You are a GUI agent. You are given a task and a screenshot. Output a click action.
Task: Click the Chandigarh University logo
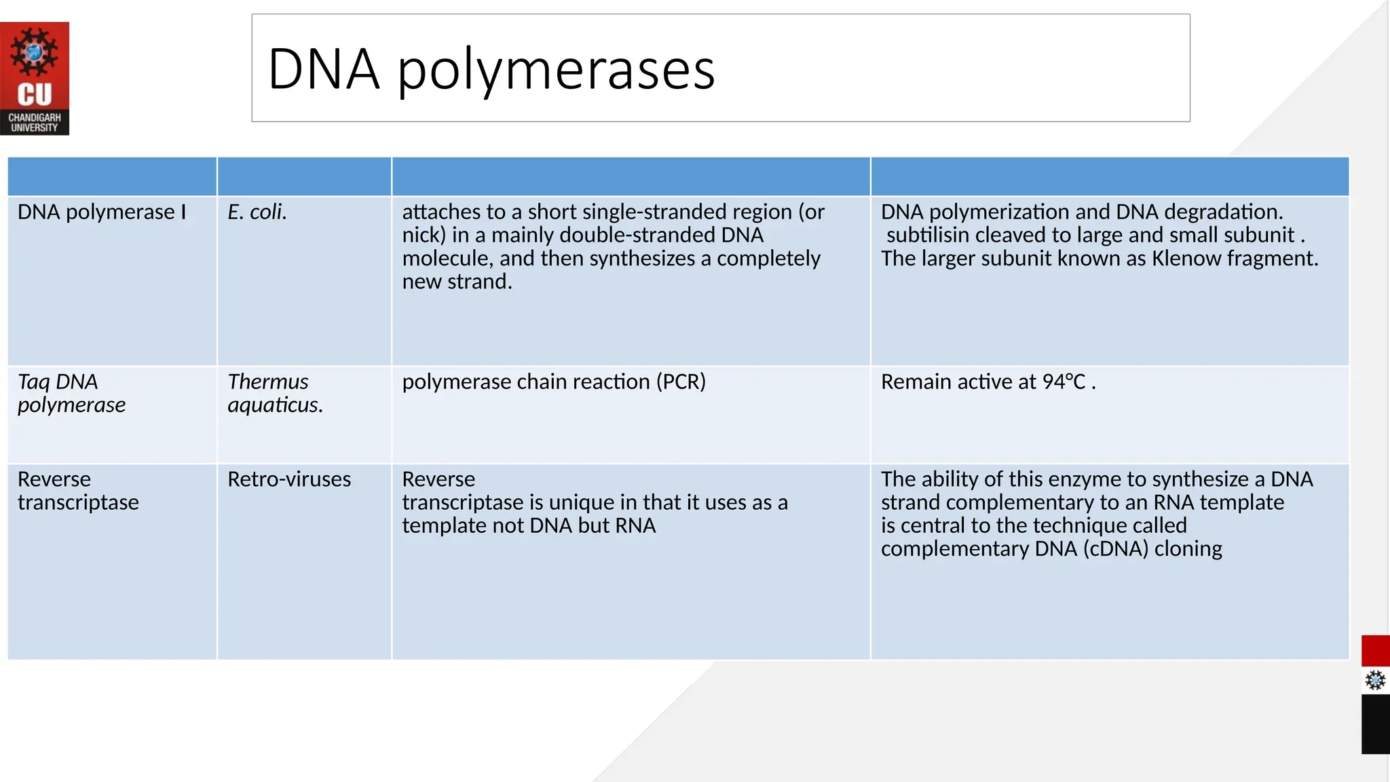click(35, 79)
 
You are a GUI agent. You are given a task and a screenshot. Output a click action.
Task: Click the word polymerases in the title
click(556, 69)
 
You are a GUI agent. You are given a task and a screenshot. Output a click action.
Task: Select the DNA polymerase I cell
click(102, 212)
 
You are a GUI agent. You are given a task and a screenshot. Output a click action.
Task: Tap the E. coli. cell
click(257, 212)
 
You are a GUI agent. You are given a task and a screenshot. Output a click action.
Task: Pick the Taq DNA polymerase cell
click(71, 393)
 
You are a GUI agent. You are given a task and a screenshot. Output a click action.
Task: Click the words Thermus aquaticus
click(275, 393)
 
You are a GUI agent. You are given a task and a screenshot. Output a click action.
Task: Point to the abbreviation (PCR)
click(681, 381)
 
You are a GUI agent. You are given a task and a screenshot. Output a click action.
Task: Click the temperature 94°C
click(1064, 382)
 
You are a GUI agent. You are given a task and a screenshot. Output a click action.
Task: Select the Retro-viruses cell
click(289, 479)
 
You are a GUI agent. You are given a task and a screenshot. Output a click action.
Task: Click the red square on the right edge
click(1375, 651)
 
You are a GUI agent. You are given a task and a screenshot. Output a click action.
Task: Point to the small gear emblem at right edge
click(1375, 680)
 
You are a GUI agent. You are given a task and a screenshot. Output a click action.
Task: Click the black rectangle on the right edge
click(1375, 724)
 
